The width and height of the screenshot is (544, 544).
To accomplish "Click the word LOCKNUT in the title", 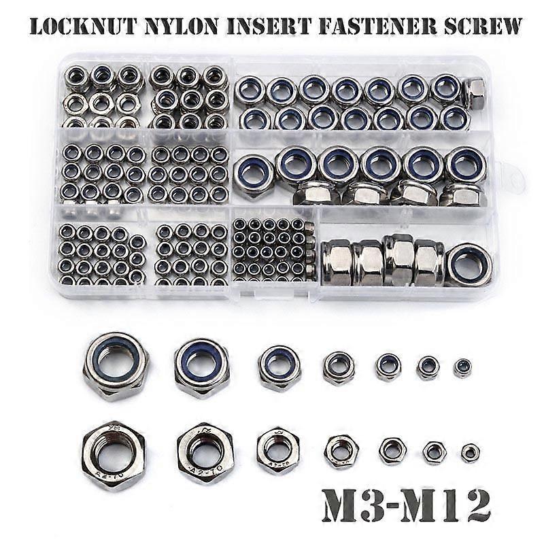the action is [82, 26].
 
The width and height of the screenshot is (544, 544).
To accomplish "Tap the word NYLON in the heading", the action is [182, 26].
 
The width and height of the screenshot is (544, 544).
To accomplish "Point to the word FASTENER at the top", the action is [377, 26].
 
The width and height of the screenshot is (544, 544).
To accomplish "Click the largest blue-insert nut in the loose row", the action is [116, 367].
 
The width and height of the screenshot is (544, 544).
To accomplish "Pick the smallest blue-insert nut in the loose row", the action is [462, 368].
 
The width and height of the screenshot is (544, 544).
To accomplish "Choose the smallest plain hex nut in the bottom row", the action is [471, 453].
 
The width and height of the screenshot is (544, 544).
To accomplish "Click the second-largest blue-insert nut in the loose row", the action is [202, 368].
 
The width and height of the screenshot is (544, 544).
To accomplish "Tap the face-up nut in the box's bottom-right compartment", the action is [469, 265].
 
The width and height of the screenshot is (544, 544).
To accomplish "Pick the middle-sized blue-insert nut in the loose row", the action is [339, 368].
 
